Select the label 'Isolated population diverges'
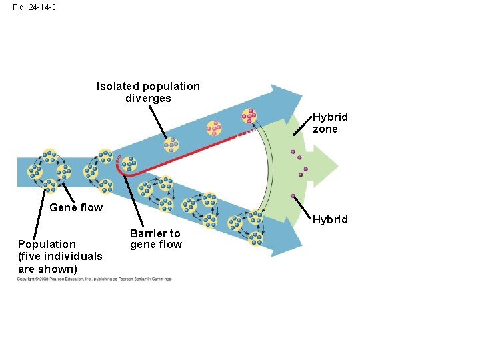click(148, 92)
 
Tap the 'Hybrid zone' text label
click(330, 123)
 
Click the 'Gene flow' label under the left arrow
click(76, 207)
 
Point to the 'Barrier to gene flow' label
click(155, 239)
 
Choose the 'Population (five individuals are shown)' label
click(60, 256)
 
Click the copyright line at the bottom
click(94, 279)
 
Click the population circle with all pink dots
click(249, 116)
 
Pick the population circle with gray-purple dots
click(171, 145)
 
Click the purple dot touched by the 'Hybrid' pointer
click(293, 196)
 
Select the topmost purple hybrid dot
click(292, 152)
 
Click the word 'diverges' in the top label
click(148, 99)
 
